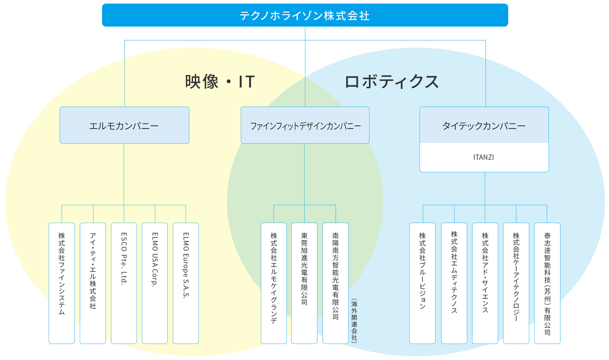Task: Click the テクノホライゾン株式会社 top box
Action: click(305, 15)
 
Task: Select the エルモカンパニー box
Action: click(125, 125)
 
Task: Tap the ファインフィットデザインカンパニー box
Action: click(305, 125)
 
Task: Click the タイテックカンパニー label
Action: click(484, 126)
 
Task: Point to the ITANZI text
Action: click(484, 157)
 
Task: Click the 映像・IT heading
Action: click(220, 82)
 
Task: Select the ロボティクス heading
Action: click(392, 82)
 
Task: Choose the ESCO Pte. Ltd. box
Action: click(124, 283)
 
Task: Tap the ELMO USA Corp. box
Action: click(155, 283)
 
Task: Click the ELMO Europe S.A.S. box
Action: click(186, 283)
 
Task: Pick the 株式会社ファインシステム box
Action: click(62, 283)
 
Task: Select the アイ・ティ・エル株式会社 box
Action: click(93, 283)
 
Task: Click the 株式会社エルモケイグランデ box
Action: click(274, 283)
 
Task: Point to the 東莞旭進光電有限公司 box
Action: click(304, 283)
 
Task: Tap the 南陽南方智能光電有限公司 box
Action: click(336, 283)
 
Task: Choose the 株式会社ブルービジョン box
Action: click(422, 283)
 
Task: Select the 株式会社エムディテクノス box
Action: click(454, 283)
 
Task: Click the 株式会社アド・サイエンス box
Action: click(485, 283)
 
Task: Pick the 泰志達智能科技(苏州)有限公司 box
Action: click(547, 283)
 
